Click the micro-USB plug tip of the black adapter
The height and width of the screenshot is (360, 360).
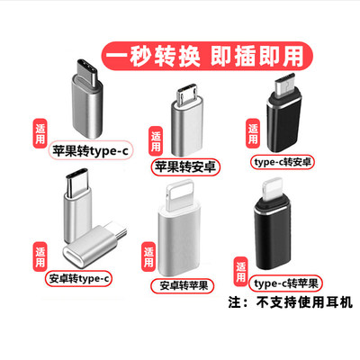tap(285, 84)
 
